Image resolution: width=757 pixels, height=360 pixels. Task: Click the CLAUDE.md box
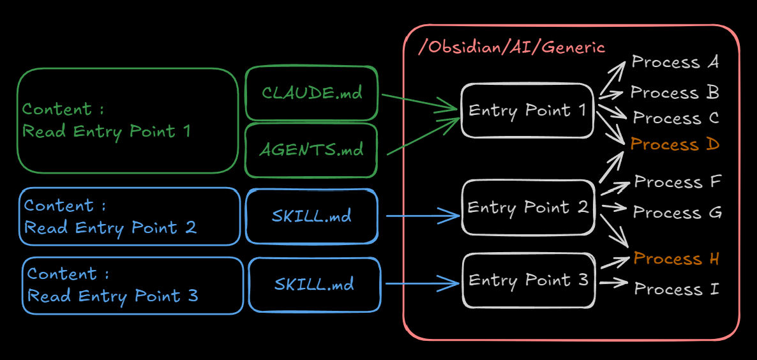[x=311, y=93]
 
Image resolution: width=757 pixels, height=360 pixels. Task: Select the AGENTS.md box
[x=311, y=150]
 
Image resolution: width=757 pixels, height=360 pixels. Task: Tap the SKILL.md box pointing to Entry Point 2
[x=311, y=216]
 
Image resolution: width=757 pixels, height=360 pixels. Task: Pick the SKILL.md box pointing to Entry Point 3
[x=314, y=284]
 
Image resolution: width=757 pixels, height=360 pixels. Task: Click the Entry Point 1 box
[x=527, y=110]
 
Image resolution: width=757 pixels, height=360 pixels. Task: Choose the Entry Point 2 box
[x=527, y=207]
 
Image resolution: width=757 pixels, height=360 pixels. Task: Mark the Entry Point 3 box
[x=528, y=280]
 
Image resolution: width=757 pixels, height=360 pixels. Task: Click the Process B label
[x=675, y=93]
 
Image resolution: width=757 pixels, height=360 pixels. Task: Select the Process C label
[x=676, y=119]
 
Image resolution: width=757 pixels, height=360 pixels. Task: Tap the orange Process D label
[x=675, y=145]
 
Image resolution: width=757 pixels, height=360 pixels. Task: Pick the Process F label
[x=677, y=183]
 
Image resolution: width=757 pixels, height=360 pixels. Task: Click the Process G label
[x=677, y=213]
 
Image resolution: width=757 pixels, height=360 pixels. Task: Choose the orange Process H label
[x=677, y=259]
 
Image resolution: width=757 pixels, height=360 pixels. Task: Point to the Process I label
[x=677, y=289]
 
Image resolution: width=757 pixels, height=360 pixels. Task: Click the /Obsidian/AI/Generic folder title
[x=511, y=48]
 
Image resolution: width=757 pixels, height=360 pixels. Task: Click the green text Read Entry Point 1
[x=107, y=131]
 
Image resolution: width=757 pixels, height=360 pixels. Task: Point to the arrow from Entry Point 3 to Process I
[x=613, y=283]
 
